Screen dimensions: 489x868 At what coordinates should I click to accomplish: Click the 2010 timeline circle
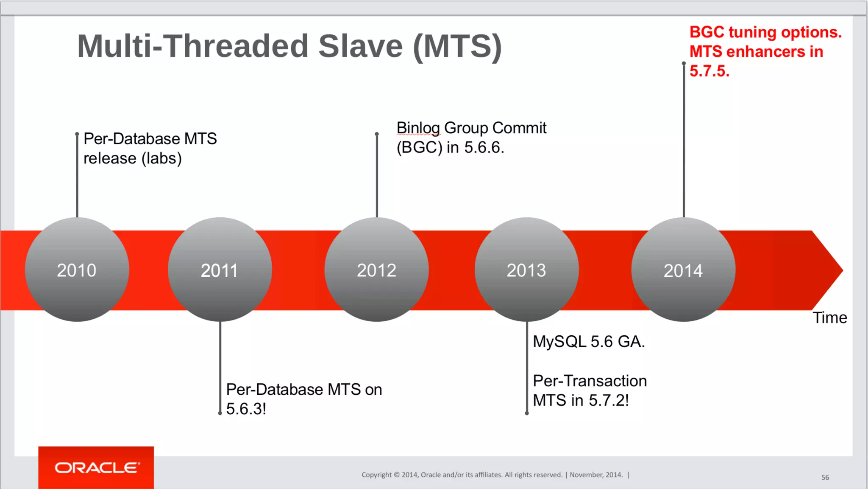(x=77, y=270)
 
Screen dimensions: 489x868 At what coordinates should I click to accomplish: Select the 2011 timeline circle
(x=220, y=270)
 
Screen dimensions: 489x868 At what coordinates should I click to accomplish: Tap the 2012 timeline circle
(x=376, y=270)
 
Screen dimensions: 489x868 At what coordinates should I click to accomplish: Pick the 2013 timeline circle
(x=526, y=270)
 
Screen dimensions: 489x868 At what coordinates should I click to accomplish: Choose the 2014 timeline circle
(x=683, y=270)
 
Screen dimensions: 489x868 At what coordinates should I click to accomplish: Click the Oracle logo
(x=96, y=467)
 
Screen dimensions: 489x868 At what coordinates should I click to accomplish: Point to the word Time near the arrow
(x=829, y=318)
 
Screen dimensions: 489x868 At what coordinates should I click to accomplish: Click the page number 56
(x=825, y=478)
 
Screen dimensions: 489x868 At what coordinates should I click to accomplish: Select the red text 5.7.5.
(x=709, y=71)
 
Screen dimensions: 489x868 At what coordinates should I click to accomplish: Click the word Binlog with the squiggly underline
(x=418, y=128)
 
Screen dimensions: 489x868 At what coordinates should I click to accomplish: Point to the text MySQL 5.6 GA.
(x=589, y=342)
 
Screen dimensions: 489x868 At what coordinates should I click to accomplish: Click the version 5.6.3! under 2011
(x=246, y=409)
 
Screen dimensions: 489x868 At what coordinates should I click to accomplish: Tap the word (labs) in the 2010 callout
(x=161, y=158)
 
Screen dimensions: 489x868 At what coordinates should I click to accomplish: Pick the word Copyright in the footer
(x=376, y=475)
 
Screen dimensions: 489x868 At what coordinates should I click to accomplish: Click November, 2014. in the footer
(x=596, y=475)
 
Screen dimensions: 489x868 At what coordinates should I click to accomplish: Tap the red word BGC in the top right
(x=706, y=32)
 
